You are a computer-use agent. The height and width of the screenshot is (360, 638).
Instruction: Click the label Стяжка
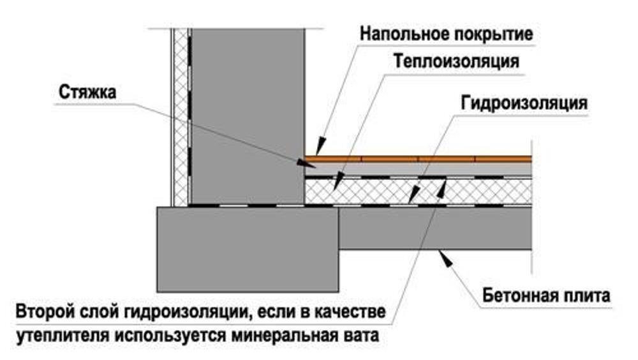[x=87, y=93]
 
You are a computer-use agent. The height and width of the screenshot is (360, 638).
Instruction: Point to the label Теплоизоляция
[x=457, y=61]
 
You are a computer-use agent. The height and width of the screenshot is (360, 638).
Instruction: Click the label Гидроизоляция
[x=524, y=103]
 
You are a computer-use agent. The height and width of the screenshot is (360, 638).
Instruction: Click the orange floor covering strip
[x=419, y=159]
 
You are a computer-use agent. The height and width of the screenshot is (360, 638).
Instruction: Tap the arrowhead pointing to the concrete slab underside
[x=446, y=259]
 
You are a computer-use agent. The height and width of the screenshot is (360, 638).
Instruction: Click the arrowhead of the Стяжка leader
[x=305, y=163]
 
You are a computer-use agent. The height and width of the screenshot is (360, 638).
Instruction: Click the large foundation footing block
[x=248, y=249]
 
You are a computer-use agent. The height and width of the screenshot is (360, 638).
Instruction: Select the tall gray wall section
[x=248, y=116]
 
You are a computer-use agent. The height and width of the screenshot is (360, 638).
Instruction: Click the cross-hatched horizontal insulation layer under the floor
[x=419, y=191]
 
